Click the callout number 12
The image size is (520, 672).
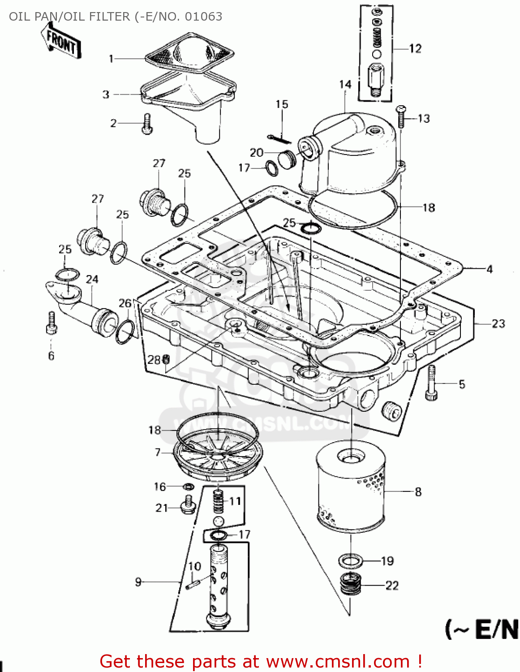click(x=415, y=48)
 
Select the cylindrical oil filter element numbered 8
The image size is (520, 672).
click(x=350, y=486)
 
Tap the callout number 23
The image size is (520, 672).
click(x=498, y=323)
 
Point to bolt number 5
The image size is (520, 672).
click(x=431, y=383)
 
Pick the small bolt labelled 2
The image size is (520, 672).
click(x=147, y=124)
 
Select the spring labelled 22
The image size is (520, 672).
click(x=351, y=585)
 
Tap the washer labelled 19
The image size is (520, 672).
click(x=351, y=560)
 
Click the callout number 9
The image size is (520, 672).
click(x=138, y=582)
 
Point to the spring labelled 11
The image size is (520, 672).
click(x=218, y=502)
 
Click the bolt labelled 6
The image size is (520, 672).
click(x=52, y=323)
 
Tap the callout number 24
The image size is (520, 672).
click(x=92, y=279)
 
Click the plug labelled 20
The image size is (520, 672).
click(x=287, y=159)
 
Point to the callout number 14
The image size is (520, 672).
click(x=345, y=84)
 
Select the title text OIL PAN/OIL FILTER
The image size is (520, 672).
click(x=69, y=17)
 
